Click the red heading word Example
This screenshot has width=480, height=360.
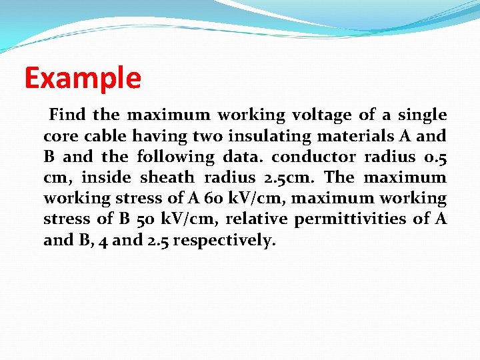(x=83, y=78)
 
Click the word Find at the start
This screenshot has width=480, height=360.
(x=67, y=115)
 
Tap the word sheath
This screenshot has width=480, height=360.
(x=167, y=177)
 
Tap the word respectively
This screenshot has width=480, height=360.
(x=223, y=240)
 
